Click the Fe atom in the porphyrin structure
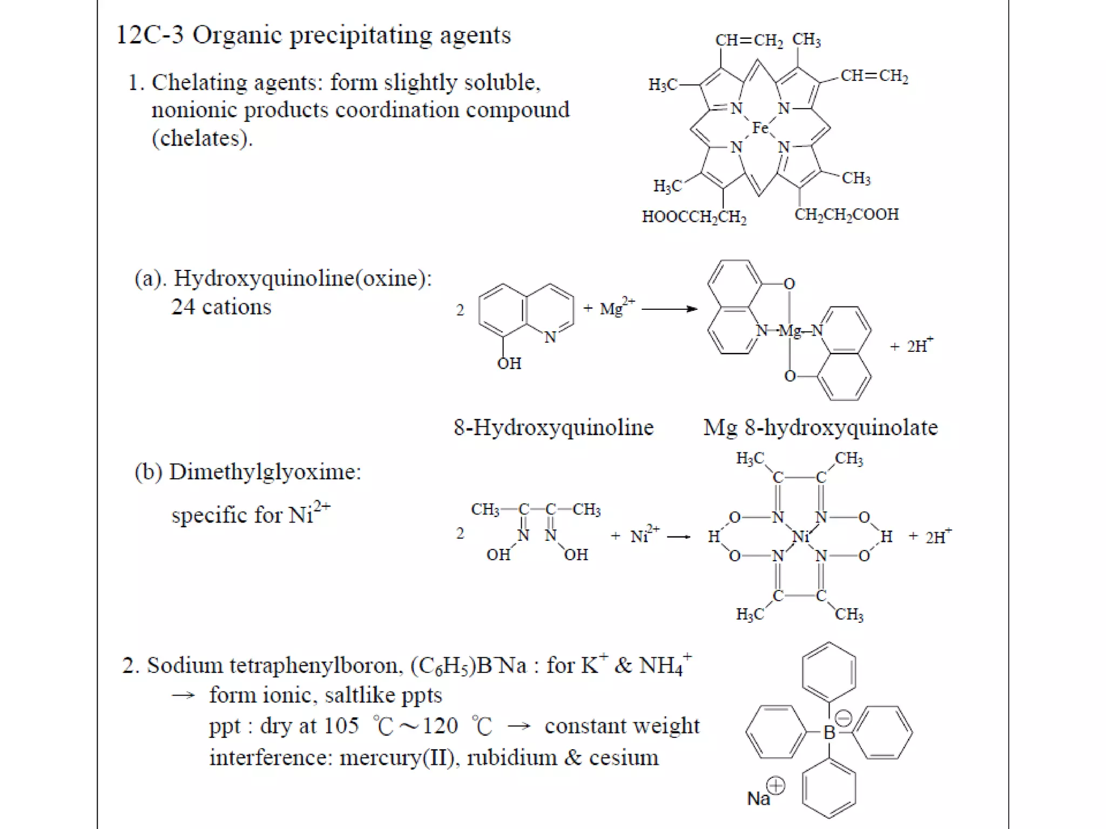click(760, 128)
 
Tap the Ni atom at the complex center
click(800, 536)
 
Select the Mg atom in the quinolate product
click(790, 330)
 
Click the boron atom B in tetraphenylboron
click(829, 732)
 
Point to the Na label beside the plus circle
click(758, 798)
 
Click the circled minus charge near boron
click(843, 718)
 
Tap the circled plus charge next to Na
click(776, 786)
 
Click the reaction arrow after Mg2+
click(669, 309)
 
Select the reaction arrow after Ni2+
click(679, 536)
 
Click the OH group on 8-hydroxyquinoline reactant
click(509, 363)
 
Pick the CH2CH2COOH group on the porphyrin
click(846, 214)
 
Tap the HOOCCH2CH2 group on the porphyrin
click(694, 217)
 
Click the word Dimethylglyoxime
click(265, 472)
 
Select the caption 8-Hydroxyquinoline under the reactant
click(554, 427)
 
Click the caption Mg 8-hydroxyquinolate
click(820, 427)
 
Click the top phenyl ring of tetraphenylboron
click(829, 672)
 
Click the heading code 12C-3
click(150, 35)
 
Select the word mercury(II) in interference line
click(400, 758)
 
